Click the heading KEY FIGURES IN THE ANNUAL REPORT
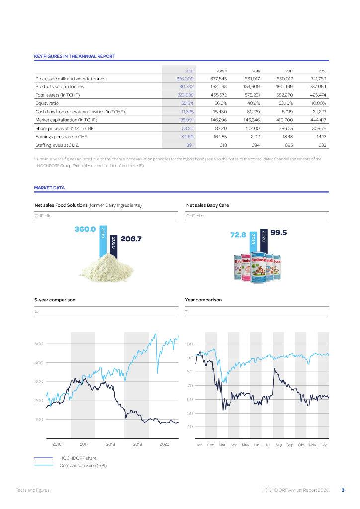pyautogui.click(x=75, y=56)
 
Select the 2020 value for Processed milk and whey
pyautogui.click(x=185, y=79)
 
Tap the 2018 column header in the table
pyautogui.click(x=256, y=71)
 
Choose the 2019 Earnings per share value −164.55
pyautogui.click(x=219, y=137)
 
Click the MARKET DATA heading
pyautogui.click(x=49, y=188)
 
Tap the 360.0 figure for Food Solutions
pyautogui.click(x=85, y=229)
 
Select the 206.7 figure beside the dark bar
pyautogui.click(x=131, y=239)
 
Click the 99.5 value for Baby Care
pyautogui.click(x=279, y=232)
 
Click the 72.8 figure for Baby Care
pyautogui.click(x=238, y=235)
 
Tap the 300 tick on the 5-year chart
pyautogui.click(x=39, y=382)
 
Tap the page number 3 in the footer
pyautogui.click(x=343, y=490)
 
